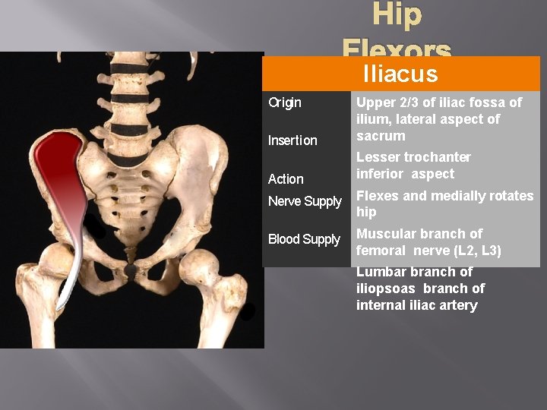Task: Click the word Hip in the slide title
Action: [397, 16]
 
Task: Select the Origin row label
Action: [285, 102]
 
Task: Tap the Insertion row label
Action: [292, 140]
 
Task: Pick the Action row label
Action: [286, 179]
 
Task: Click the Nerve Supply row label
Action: [305, 201]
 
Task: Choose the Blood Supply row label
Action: [304, 239]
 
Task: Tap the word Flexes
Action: [378, 196]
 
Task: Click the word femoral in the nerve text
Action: [381, 251]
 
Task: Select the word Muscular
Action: [386, 234]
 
